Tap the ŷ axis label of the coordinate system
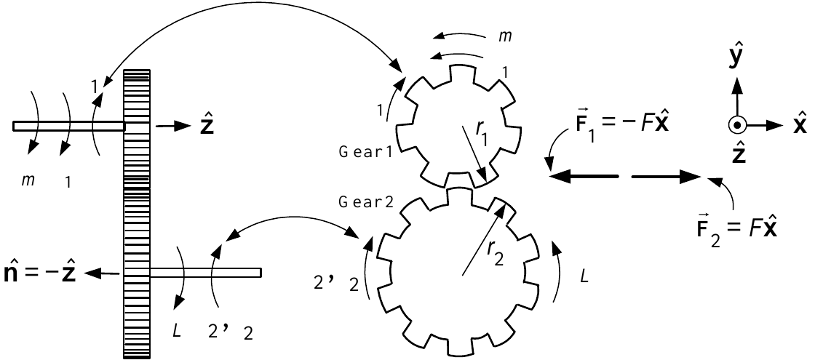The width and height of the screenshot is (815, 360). (x=736, y=60)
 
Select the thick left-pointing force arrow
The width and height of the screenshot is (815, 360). (x=584, y=177)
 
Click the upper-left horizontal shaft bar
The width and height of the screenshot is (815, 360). (x=69, y=126)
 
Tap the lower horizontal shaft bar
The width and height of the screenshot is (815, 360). (x=204, y=272)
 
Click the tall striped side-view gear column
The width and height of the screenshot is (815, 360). (x=136, y=214)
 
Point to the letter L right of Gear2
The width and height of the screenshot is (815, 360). (x=584, y=277)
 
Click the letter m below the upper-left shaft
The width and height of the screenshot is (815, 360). (x=25, y=180)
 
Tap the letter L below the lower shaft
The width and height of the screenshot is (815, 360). (x=177, y=330)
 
